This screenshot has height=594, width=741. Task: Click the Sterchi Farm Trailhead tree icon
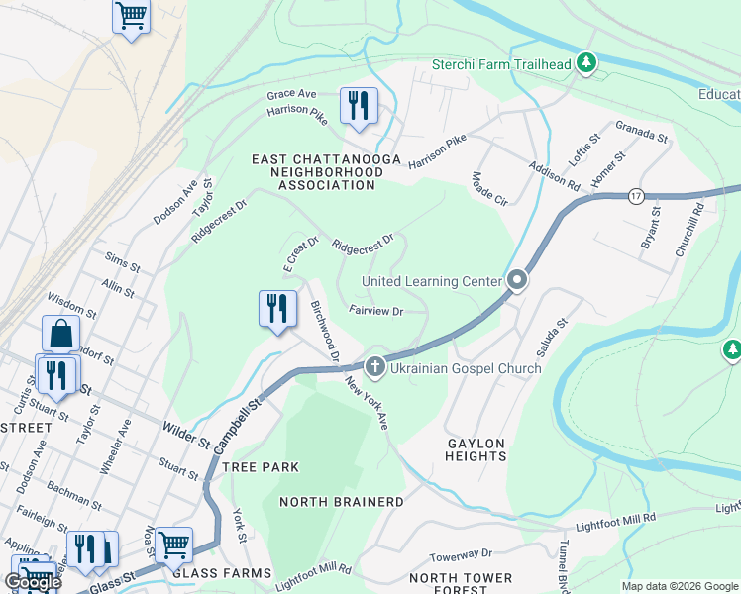pyautogui.click(x=587, y=64)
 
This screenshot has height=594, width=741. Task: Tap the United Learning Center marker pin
pyautogui.click(x=516, y=282)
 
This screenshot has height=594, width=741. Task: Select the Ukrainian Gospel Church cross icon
pyautogui.click(x=374, y=367)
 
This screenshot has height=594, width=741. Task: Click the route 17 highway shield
pyautogui.click(x=636, y=196)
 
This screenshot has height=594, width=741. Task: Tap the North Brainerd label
pyautogui.click(x=342, y=502)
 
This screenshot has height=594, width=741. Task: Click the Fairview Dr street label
pyautogui.click(x=375, y=311)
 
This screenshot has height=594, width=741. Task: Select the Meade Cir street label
pyautogui.click(x=489, y=188)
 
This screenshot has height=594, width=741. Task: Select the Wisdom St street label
pyautogui.click(x=71, y=303)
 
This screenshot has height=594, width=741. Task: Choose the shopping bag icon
pyautogui.click(x=61, y=334)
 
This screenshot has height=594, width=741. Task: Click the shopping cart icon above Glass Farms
pyautogui.click(x=173, y=543)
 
